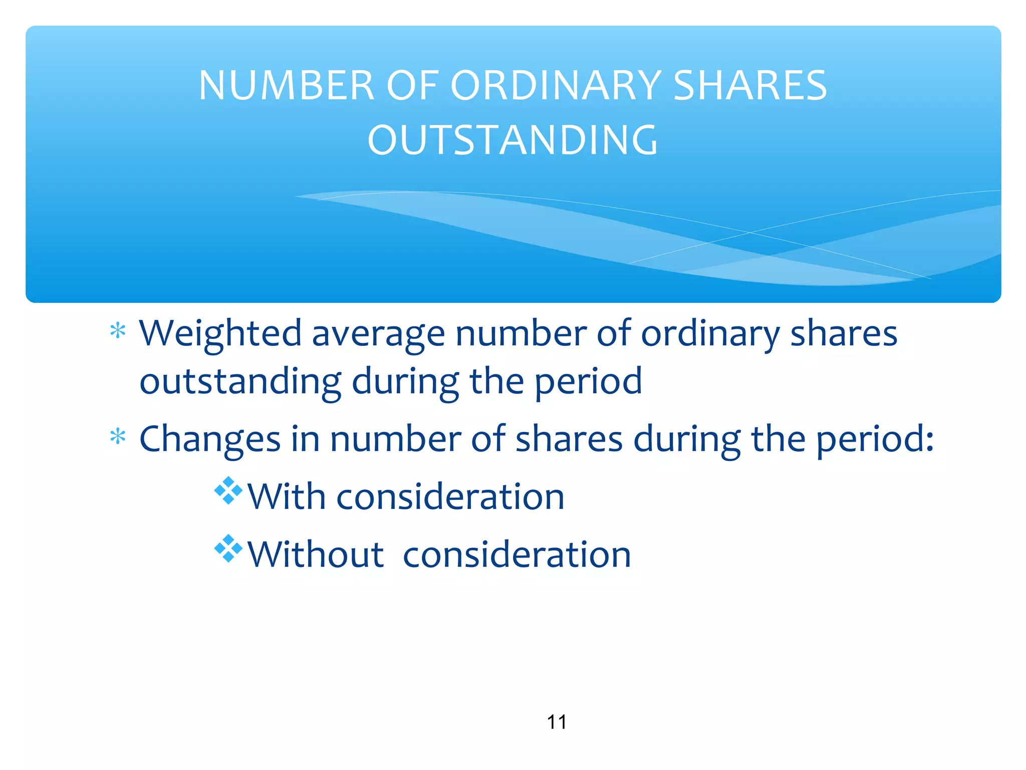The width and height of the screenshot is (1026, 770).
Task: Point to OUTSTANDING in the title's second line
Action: [x=512, y=140]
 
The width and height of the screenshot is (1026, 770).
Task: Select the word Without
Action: [x=316, y=554]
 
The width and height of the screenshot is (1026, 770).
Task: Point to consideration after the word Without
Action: [x=517, y=554]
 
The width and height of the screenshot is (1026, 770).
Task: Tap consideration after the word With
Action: [x=450, y=497]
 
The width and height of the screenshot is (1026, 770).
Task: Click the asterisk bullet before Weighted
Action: [x=118, y=331]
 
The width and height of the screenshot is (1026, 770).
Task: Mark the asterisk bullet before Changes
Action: [x=118, y=437]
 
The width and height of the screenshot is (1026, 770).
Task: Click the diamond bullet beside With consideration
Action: [x=228, y=490]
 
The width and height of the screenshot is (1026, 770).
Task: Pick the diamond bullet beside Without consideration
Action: [x=228, y=548]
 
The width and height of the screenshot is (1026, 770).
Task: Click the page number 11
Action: [x=557, y=722]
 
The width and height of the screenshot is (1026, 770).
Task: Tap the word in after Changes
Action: [x=305, y=439]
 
